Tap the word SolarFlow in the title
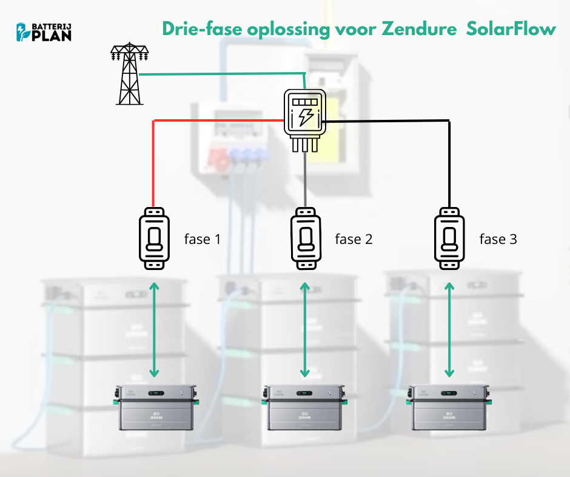512,29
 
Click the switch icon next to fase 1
155,238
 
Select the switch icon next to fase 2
304,238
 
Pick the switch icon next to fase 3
449,238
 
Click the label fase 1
203,239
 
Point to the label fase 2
354,239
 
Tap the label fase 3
498,239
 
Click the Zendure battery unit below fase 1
155,407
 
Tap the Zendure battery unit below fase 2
304,407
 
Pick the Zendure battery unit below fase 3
449,407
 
